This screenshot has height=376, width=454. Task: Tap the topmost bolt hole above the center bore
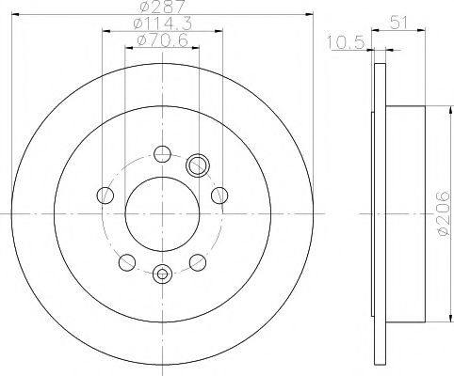pyautogui.click(x=162, y=154)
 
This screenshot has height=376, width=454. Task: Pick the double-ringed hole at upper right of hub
pyautogui.click(x=198, y=165)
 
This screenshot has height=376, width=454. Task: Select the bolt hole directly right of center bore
pyautogui.click(x=220, y=196)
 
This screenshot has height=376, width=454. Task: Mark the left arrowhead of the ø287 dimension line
pyautogui.click(x=16, y=16)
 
